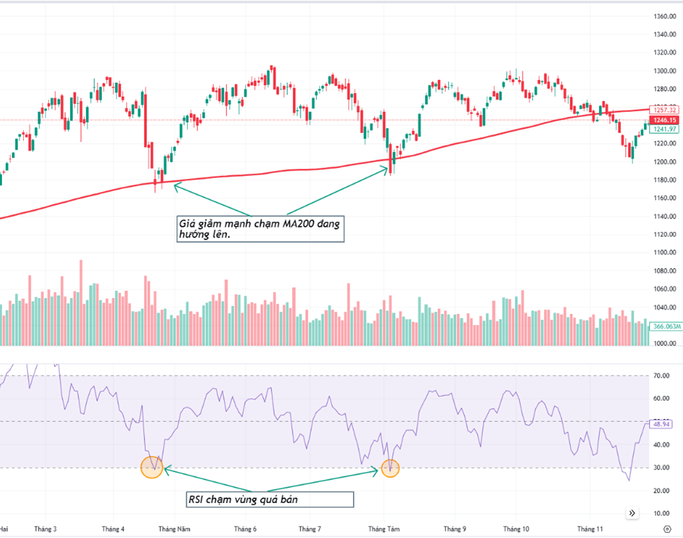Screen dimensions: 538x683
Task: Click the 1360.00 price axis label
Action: click(x=663, y=16)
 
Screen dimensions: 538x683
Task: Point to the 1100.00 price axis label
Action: click(x=663, y=252)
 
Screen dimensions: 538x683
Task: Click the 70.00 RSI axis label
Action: click(x=661, y=376)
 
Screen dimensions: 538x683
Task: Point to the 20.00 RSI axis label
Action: click(x=661, y=490)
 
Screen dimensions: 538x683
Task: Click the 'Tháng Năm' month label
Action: click(x=173, y=529)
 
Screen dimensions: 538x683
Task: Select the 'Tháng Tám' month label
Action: click(x=383, y=529)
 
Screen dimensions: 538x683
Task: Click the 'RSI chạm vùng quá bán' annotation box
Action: click(x=269, y=499)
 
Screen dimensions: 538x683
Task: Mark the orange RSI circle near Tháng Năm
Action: click(x=151, y=467)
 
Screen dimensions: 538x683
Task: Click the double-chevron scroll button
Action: click(x=633, y=513)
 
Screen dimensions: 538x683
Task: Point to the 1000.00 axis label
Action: click(x=663, y=343)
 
